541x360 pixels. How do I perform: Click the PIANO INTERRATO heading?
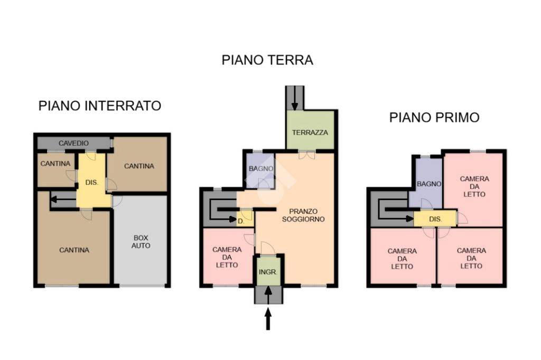[100, 106]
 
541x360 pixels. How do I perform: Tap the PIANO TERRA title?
[267, 60]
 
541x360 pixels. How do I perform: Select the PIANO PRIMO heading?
[434, 118]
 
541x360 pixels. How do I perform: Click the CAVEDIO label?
[73, 143]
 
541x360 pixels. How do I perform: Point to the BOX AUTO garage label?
[141, 242]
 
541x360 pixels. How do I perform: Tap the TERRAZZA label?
[310, 132]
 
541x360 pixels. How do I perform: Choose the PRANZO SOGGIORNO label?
[303, 215]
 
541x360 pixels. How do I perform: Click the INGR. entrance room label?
[268, 272]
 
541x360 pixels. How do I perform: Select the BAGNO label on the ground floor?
[261, 168]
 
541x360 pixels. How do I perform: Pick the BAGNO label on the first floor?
[429, 184]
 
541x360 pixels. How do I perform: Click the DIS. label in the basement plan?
[92, 183]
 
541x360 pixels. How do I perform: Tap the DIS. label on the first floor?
[435, 219]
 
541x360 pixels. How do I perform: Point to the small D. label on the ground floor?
[241, 221]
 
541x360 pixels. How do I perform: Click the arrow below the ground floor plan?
[268, 319]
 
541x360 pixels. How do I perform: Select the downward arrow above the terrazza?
[295, 98]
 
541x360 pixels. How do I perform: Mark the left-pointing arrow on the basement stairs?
[63, 199]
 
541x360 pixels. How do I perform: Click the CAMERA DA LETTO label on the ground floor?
[227, 257]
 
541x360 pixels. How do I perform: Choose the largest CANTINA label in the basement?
[74, 250]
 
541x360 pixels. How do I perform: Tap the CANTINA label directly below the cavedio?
[55, 164]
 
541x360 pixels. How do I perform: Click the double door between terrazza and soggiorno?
[307, 155]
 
